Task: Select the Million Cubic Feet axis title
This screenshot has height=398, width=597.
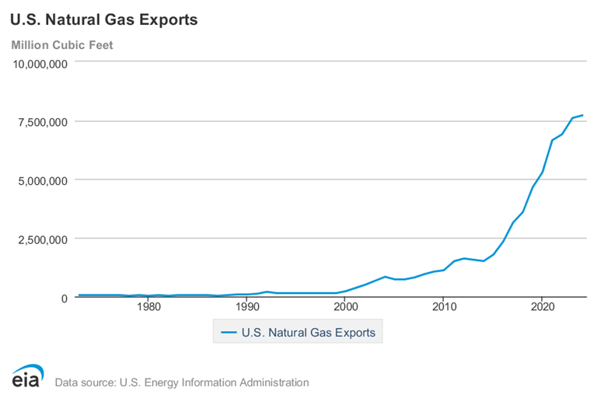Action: pos(62,44)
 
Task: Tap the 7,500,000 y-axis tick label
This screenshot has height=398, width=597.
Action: pos(44,121)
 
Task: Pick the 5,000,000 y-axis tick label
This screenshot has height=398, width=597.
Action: pos(44,180)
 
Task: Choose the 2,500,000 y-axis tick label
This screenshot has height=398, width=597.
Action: pos(44,239)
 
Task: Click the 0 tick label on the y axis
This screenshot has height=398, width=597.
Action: pos(65,298)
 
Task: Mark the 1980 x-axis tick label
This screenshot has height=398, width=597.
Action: pos(148,307)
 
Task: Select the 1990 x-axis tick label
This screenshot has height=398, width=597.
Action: pos(247,307)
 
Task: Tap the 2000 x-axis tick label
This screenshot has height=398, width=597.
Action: pos(345,307)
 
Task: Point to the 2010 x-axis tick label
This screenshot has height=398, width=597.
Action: pos(443,307)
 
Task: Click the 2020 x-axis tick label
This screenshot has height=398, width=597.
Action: pos(542,307)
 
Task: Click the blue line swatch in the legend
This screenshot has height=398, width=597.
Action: pos(229,333)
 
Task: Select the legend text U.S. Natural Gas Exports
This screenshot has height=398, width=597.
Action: pos(309,333)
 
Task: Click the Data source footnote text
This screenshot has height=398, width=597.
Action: pos(181,382)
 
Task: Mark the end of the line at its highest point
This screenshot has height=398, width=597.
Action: pos(582,115)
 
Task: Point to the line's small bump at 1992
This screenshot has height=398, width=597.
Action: pos(267,292)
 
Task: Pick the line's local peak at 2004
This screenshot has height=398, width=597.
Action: pos(385,277)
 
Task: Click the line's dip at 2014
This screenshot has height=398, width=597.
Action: pos(484,261)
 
